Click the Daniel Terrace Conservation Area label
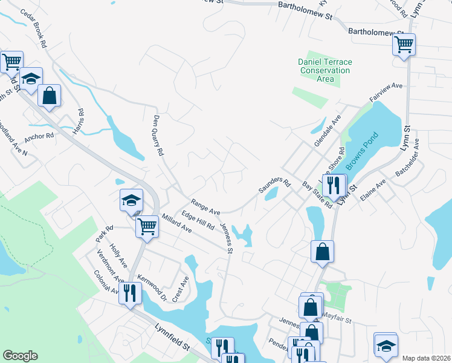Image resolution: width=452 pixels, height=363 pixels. point(325,71)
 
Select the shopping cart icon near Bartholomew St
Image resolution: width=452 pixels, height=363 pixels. point(404,44)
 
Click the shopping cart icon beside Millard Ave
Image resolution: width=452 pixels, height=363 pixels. point(147,227)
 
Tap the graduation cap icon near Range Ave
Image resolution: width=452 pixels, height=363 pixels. point(131,200)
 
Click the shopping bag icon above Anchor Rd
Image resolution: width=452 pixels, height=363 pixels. point(49,95)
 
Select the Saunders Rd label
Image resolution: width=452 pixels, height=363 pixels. point(275,186)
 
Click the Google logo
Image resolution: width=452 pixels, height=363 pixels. point(20,356)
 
